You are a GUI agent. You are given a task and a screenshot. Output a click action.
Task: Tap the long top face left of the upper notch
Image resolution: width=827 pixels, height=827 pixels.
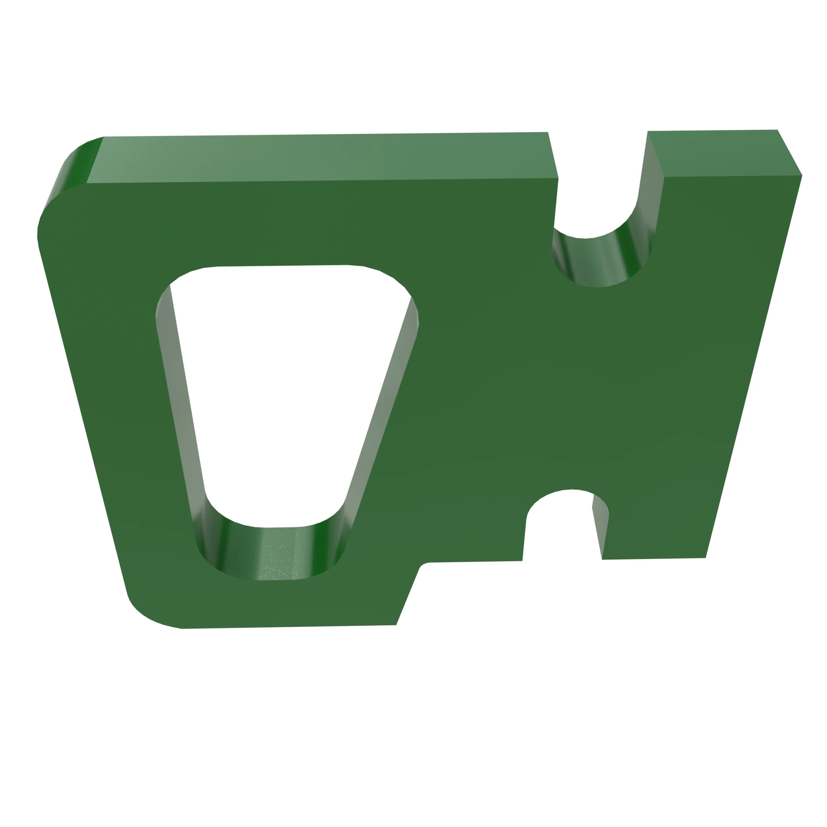321,158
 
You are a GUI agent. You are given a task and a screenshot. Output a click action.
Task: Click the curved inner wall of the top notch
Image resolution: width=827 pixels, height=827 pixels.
599,261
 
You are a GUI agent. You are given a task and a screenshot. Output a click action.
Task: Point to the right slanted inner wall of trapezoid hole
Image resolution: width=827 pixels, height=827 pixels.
381,411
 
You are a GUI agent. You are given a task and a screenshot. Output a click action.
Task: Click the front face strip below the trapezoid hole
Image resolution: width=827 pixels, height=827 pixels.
274,604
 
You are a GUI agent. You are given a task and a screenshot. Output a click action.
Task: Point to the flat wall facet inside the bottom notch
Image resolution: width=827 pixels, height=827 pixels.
599,526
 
